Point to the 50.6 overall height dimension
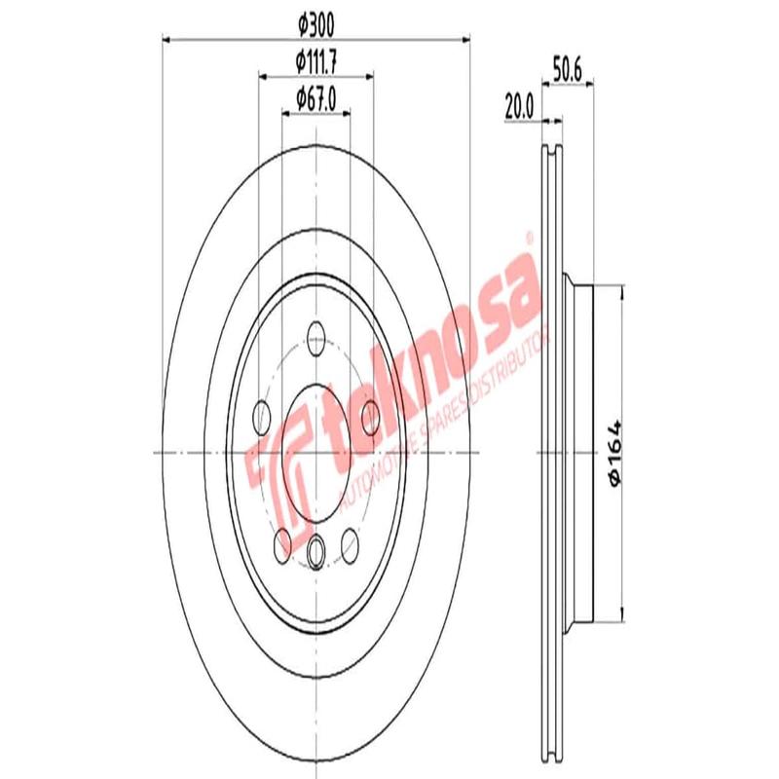click(568, 69)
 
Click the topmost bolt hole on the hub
click(315, 340)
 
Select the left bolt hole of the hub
click(261, 417)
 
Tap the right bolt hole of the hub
click(370, 417)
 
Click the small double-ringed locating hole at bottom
click(315, 552)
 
